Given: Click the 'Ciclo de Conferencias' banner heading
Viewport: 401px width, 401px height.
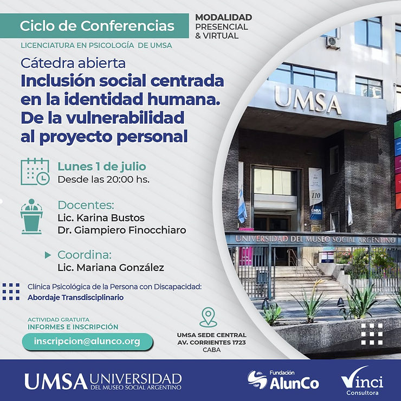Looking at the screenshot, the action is tap(97, 26).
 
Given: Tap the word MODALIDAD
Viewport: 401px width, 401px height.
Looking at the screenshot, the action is tap(223, 17).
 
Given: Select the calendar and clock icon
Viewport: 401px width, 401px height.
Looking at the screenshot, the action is tap(35, 171).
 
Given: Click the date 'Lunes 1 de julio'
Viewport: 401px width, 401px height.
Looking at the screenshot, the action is tap(102, 166).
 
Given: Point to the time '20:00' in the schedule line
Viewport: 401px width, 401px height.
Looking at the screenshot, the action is tap(120, 179).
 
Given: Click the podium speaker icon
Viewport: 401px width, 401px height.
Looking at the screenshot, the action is tap(31, 216).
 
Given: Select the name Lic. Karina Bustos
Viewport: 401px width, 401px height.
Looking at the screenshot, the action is tap(101, 218).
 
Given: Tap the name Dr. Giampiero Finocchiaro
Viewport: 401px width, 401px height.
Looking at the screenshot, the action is tap(122, 230).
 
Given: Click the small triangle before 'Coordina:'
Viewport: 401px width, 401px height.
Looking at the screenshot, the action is tap(48, 255).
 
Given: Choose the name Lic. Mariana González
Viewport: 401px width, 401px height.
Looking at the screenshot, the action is tap(111, 268).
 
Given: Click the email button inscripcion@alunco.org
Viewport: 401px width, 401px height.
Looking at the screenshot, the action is tap(87, 342).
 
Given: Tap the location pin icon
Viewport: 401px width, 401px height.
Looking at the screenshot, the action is tap(208, 317).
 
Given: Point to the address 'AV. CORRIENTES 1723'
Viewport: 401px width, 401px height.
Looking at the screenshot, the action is tap(211, 342).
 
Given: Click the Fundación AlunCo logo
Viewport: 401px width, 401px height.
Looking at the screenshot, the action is tap(283, 380).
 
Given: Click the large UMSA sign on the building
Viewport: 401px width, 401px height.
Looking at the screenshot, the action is tap(308, 100).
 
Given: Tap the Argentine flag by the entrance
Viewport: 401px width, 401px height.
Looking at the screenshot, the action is tap(242, 205).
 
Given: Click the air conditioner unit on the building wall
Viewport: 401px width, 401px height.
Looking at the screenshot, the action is tap(332, 42).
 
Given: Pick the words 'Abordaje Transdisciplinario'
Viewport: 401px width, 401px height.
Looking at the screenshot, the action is tap(76, 297).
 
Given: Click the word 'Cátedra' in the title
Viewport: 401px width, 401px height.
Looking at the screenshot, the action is tap(48, 63).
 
